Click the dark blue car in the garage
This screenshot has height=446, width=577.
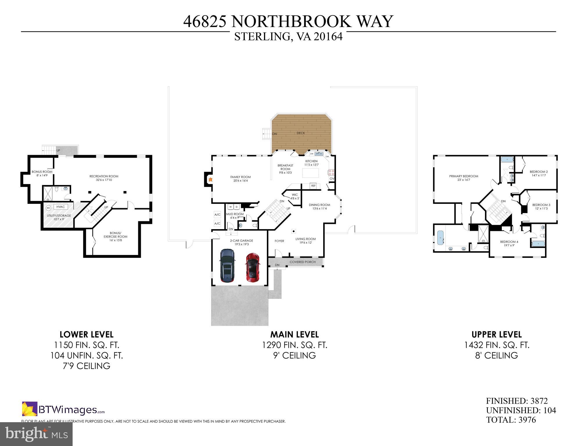tap(227, 265)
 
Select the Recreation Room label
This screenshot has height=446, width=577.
tap(104, 176)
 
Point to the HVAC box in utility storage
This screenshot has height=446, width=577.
tap(61, 207)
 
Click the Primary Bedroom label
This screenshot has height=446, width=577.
tap(463, 176)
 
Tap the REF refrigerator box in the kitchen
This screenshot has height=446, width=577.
tap(313, 186)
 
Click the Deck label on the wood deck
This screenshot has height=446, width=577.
tap(301, 133)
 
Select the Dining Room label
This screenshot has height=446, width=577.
tap(319, 205)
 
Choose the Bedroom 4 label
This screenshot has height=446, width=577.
tap(509, 242)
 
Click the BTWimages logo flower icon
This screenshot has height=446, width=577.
tap(30, 409)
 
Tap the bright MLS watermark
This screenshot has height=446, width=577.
tap(36, 434)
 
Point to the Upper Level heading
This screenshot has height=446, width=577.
tap(497, 334)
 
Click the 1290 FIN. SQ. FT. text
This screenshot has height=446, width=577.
tap(294, 345)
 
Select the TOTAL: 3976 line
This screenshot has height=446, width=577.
tap(511, 420)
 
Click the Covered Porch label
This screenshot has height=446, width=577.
tap(302, 262)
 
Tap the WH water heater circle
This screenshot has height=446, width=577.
tap(48, 208)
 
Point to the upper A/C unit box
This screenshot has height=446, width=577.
tap(217, 215)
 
